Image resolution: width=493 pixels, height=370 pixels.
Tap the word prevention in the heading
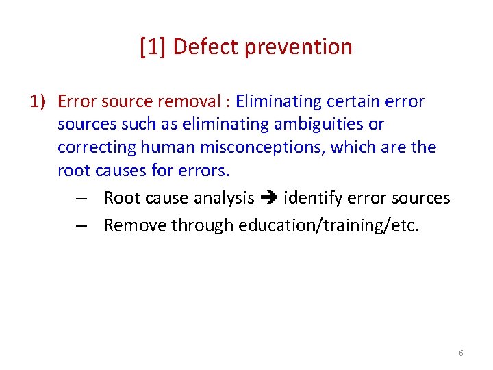(298, 47)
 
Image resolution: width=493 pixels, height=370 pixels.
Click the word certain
(357, 102)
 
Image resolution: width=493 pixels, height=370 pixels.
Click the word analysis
(223, 199)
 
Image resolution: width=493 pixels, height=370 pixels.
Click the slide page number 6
(461, 353)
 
